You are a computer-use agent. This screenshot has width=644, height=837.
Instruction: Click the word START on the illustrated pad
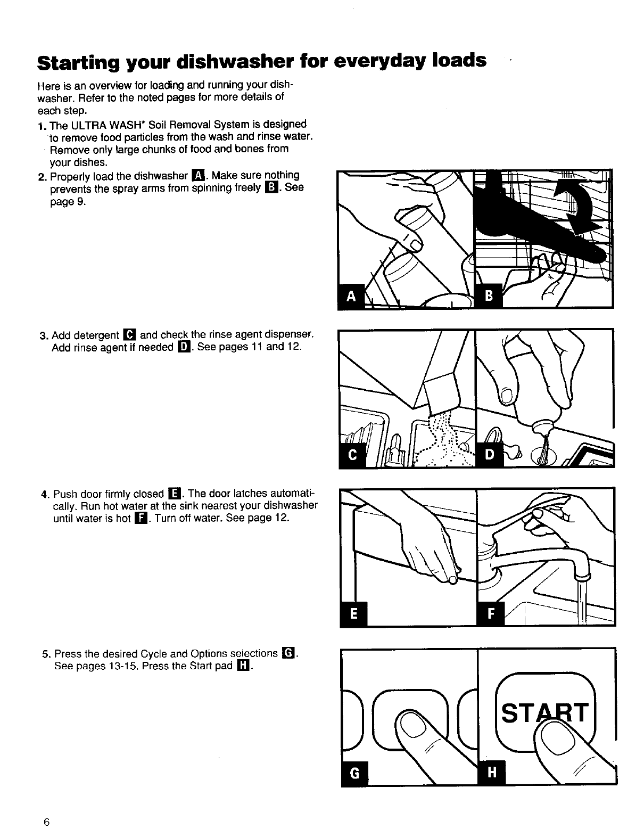pos(545,712)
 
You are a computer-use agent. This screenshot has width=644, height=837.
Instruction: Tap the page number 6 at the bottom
pos(47,822)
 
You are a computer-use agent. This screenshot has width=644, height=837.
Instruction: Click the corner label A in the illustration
pos(351,296)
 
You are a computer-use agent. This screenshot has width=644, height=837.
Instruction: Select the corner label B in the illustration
pos(489,296)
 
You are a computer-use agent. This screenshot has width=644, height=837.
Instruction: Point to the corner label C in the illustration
pos(352,455)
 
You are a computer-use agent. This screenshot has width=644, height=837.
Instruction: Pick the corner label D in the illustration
pos(490,455)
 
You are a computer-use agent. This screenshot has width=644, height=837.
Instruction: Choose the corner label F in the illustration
pos(491,613)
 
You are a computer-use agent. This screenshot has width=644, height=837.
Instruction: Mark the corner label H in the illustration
pos(492,773)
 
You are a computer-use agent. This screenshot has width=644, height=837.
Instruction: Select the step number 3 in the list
pos(44,335)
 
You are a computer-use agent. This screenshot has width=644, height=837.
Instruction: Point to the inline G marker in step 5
pos(288,653)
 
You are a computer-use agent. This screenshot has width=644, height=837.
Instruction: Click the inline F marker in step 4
pos(141,519)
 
